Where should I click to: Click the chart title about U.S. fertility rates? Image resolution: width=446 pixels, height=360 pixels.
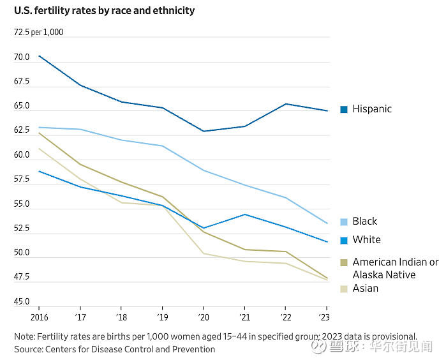click(x=104, y=11)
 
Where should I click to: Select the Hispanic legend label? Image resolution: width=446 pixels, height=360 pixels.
click(x=372, y=109)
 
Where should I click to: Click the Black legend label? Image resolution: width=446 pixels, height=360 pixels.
click(x=365, y=221)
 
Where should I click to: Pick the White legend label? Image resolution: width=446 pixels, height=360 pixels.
click(x=366, y=240)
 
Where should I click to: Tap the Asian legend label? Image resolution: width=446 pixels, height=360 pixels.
click(x=366, y=289)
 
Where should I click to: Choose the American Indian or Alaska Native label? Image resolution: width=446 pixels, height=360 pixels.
click(x=395, y=269)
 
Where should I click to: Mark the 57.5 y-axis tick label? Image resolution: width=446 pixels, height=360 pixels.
click(x=22, y=180)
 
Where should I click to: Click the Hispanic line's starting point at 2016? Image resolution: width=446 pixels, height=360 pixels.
click(x=40, y=56)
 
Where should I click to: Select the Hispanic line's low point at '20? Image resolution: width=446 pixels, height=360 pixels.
click(x=204, y=131)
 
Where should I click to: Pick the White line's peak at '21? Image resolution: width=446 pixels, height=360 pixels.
click(x=245, y=214)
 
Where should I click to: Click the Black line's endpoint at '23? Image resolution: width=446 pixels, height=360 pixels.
click(x=327, y=223)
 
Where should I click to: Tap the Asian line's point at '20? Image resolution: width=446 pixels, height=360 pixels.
click(x=204, y=253)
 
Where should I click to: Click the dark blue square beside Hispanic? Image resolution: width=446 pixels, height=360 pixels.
click(x=344, y=109)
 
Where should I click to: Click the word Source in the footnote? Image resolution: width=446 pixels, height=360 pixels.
click(x=28, y=349)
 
